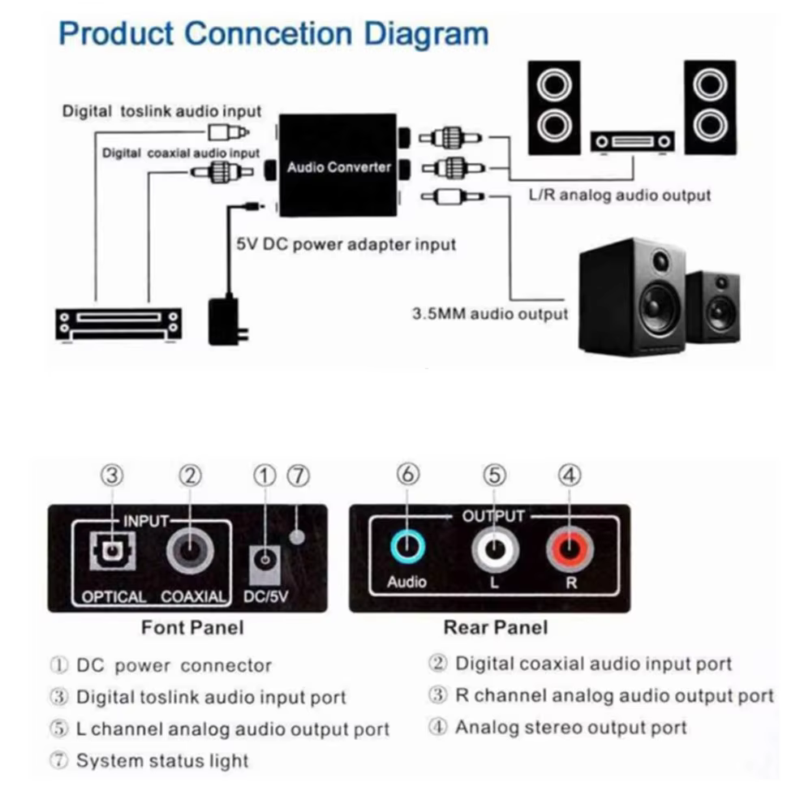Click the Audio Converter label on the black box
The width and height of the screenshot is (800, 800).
click(x=338, y=167)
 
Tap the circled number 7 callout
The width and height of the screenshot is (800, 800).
click(x=299, y=476)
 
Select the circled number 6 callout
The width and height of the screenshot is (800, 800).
click(x=407, y=476)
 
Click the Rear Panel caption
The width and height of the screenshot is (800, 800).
click(x=495, y=627)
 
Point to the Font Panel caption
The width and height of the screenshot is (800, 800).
click(x=192, y=627)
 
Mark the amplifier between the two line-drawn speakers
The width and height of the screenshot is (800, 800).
click(x=632, y=141)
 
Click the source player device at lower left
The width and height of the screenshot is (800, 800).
click(x=118, y=324)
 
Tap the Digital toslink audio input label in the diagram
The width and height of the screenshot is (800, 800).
click(x=162, y=111)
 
